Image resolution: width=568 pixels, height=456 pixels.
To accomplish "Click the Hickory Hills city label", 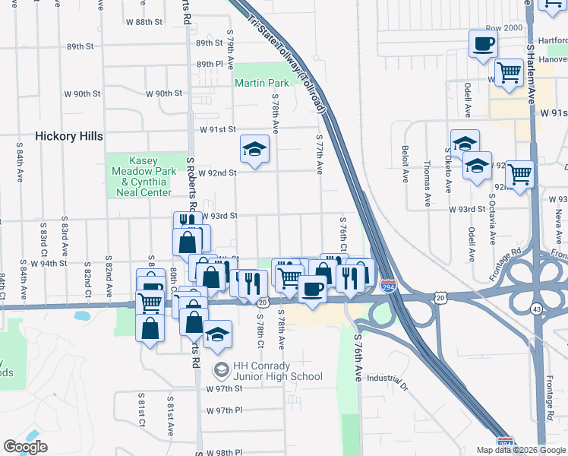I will pyautogui.click(x=69, y=137).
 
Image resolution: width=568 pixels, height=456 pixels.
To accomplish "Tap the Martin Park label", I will pyautogui.click(x=261, y=82).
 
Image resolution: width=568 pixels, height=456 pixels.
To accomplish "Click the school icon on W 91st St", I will pyautogui.click(x=254, y=150).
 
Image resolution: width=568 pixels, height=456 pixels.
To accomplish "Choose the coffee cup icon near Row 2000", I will pyautogui.click(x=483, y=44).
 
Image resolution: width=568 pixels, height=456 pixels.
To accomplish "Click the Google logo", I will pyautogui.click(x=25, y=447).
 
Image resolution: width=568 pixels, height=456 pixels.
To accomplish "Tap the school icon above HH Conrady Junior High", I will pyautogui.click(x=217, y=337).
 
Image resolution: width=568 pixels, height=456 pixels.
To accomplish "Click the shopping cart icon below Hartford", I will pyautogui.click(x=509, y=75).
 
